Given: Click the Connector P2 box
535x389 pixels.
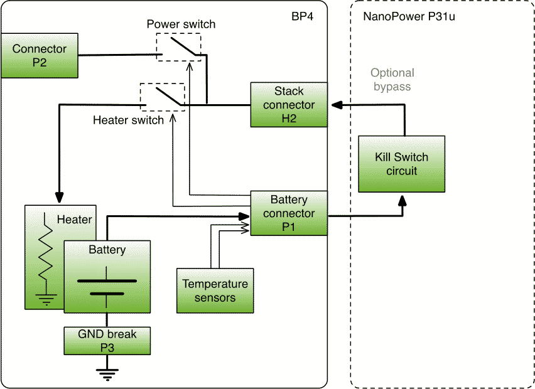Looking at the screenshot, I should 39,56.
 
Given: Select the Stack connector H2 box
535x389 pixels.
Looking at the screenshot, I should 289,104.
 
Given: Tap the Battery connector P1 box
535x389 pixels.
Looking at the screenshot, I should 289,213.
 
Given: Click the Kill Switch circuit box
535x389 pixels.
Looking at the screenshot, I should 401,164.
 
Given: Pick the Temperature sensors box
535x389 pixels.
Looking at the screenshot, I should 215,290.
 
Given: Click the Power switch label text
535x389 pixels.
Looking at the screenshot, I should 181,24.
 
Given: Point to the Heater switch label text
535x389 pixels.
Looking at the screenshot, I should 128,120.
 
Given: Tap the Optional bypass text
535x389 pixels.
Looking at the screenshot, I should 392,80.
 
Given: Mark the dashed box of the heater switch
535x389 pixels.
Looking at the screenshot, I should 163,97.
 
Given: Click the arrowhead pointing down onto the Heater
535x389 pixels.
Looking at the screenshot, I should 60,194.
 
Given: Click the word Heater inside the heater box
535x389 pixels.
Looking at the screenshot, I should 74,220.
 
